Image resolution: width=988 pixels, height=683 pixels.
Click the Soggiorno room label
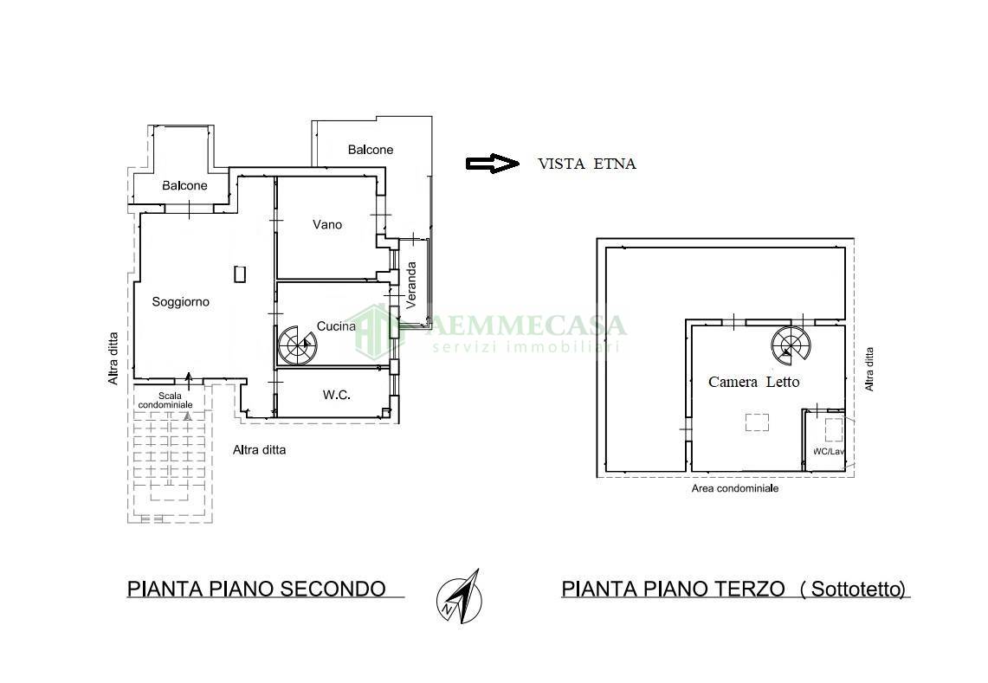[180, 302]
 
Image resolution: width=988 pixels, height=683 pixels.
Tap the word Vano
[327, 225]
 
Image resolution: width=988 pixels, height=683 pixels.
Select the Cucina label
[336, 326]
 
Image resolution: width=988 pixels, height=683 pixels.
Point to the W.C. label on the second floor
[336, 395]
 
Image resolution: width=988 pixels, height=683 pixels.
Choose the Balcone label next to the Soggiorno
[184, 186]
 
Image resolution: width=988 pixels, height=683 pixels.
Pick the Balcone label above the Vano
[370, 150]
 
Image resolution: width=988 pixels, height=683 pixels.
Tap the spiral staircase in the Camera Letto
[791, 345]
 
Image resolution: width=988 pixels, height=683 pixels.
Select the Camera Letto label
[753, 382]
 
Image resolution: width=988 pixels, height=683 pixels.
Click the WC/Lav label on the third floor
[827, 452]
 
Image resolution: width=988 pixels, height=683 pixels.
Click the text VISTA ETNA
[586, 164]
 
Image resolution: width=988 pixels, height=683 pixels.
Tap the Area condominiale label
[734, 488]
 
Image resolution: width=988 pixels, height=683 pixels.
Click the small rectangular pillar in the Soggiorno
[240, 274]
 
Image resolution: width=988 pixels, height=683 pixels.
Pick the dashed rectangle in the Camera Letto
[757, 422]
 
